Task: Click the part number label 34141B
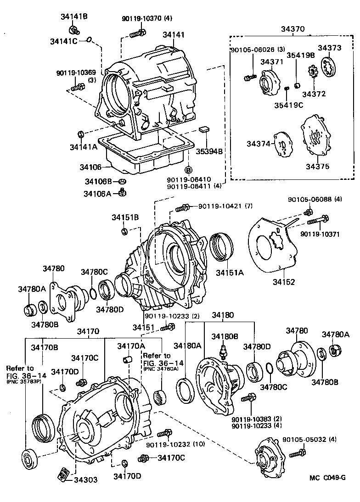pos(74,17)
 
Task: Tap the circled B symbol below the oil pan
pos(189,170)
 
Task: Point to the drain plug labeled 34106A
pos(122,192)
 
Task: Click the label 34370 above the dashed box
pos(293,29)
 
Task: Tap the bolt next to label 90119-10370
pos(138,33)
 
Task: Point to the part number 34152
pos(284,282)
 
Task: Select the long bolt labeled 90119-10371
pos(318,220)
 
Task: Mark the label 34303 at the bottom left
pos(86,480)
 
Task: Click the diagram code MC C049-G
pos(328,478)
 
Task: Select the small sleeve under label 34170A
pos(128,359)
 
